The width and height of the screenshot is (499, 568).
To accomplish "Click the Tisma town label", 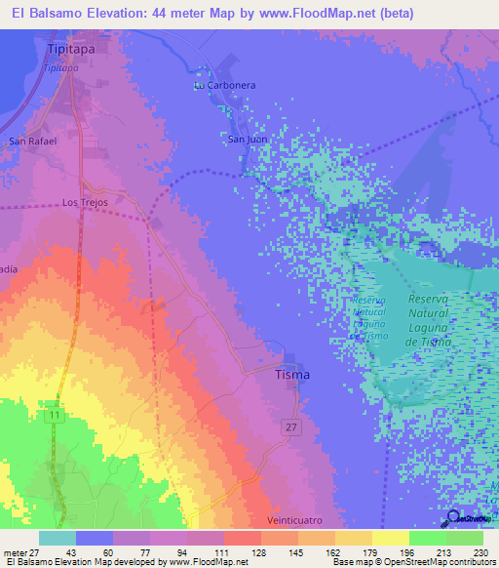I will point(292,375).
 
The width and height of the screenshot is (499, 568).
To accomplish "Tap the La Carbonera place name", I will point(224,86).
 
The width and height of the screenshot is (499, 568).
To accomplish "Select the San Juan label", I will point(248,140).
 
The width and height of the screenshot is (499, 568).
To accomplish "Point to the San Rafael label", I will point(33,142).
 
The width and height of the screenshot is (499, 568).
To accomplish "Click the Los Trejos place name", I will point(83,203).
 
